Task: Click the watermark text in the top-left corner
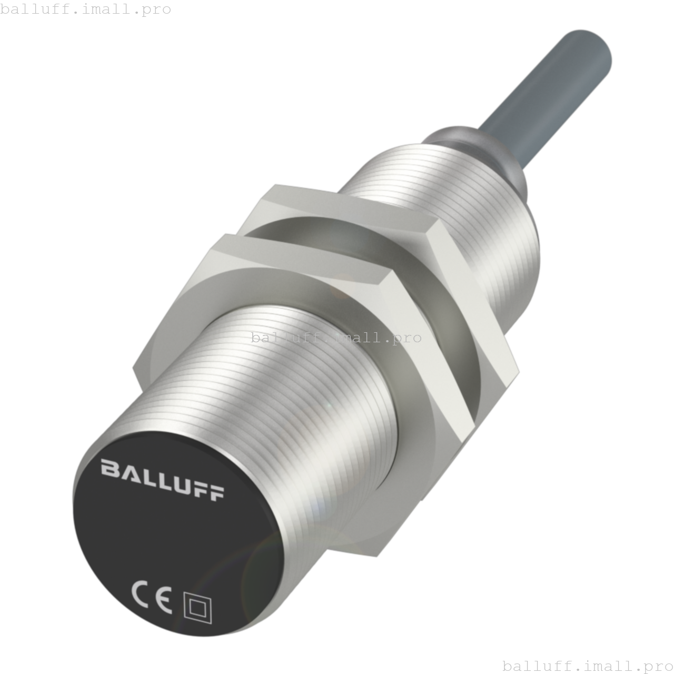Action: pos(86,9)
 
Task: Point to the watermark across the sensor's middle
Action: pos(336,338)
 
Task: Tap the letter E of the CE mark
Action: pos(163,602)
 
